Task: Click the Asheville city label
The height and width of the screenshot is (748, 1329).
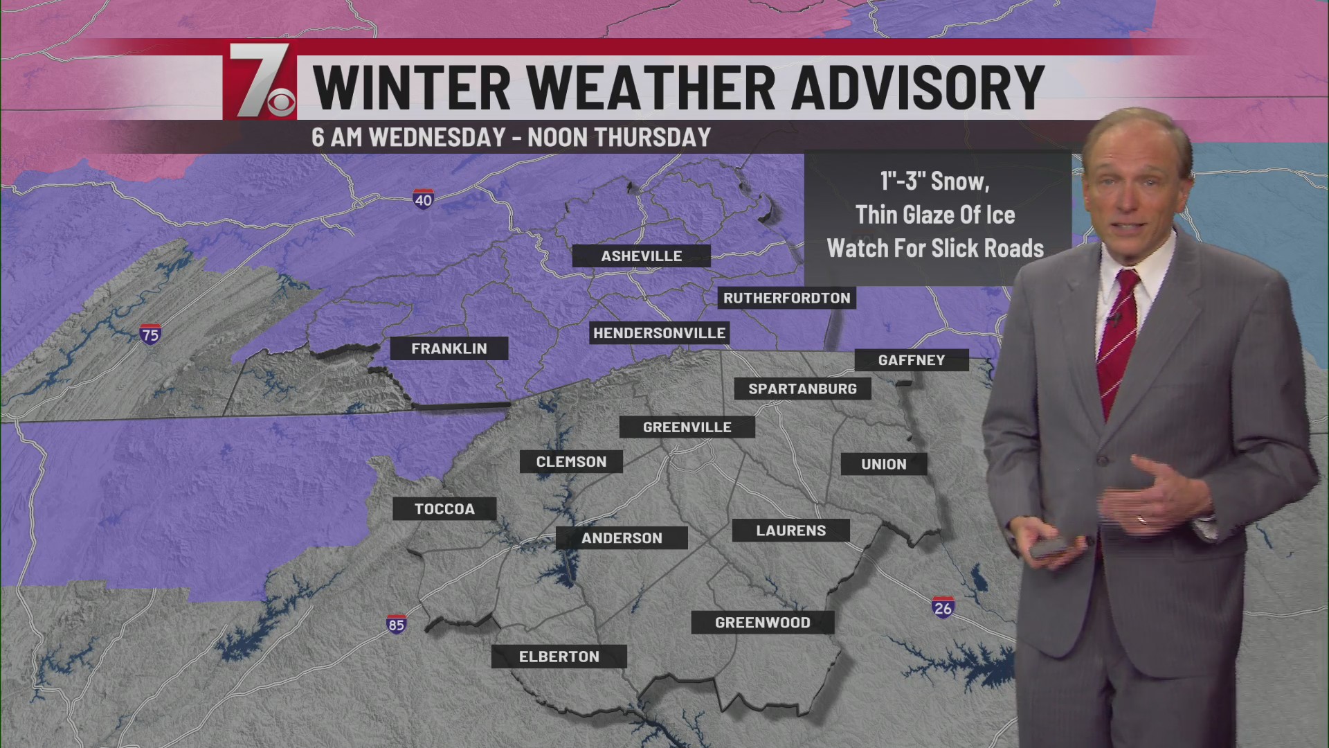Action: tap(641, 256)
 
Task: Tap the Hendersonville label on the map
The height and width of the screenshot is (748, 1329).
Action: tap(659, 333)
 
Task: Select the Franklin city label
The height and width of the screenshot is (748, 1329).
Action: tap(449, 348)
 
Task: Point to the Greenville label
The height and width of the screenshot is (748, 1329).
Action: tap(687, 427)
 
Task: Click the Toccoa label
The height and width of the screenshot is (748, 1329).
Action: tap(444, 509)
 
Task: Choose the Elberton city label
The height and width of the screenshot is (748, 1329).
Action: tap(559, 657)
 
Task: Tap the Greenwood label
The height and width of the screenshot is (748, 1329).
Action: tap(762, 623)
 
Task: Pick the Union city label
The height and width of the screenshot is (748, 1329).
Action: tap(883, 464)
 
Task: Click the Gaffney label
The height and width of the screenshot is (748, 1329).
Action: tap(911, 360)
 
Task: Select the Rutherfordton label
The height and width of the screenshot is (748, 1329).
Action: tap(786, 299)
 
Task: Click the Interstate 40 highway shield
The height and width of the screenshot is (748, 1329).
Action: tap(423, 199)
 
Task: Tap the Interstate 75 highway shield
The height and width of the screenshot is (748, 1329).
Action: tap(150, 335)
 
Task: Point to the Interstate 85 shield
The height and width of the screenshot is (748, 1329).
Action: tap(396, 624)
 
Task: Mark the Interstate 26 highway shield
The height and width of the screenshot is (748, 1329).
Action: tap(943, 607)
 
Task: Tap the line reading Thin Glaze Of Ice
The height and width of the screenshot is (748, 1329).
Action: tap(934, 215)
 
